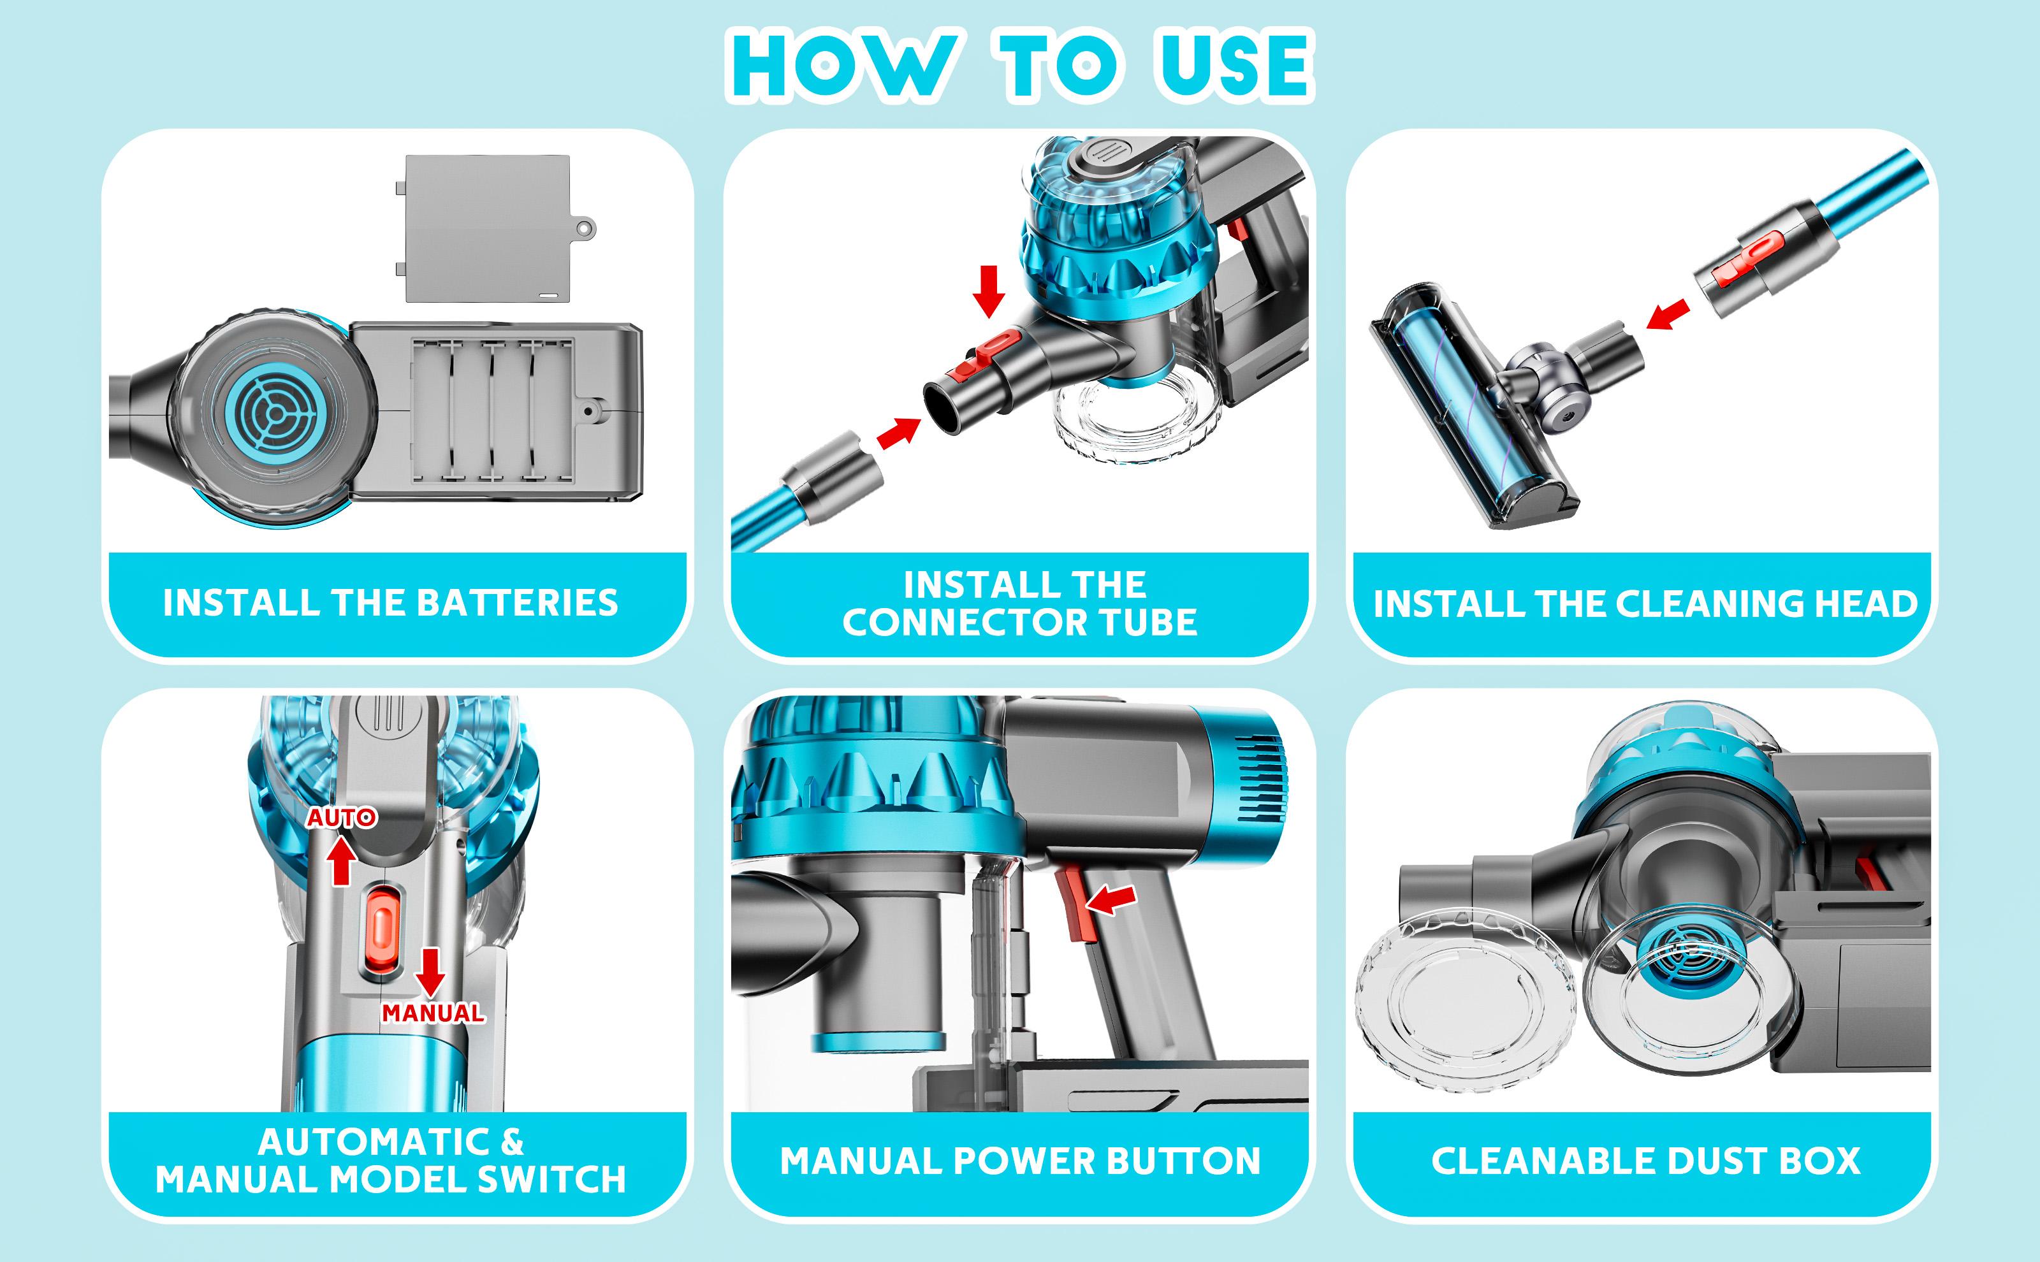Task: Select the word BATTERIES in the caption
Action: pyautogui.click(x=518, y=602)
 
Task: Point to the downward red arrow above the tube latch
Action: pyautogui.click(x=990, y=291)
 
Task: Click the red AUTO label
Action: pyautogui.click(x=342, y=818)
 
